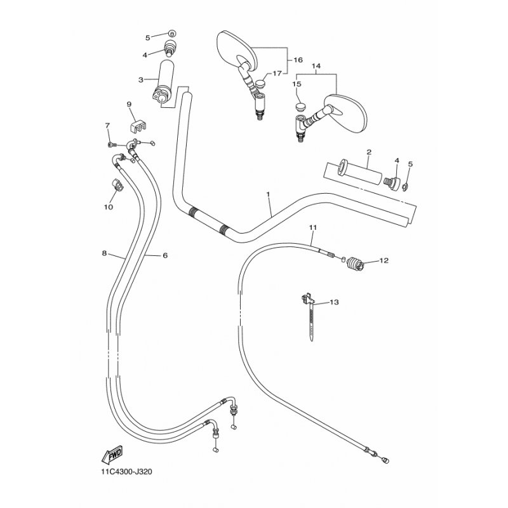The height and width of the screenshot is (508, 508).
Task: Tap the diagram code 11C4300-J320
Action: [126, 472]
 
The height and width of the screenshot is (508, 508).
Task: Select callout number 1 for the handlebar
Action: [268, 194]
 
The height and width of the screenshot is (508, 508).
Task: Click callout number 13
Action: [334, 302]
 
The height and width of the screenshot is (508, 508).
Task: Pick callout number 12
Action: [384, 260]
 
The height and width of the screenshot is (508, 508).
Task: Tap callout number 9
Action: [129, 104]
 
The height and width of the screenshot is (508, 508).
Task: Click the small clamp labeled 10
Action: [118, 185]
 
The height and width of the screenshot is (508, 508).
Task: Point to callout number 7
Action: [107, 125]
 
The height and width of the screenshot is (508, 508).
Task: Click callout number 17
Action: [277, 74]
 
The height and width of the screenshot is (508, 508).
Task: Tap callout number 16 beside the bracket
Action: [298, 60]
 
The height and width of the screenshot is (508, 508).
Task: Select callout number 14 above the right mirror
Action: [316, 66]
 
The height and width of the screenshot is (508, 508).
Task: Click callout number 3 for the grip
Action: [140, 80]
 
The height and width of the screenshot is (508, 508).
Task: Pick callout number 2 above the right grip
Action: [369, 152]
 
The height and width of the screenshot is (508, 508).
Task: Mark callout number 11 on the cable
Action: [312, 228]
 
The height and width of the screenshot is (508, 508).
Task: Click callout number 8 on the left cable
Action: [104, 253]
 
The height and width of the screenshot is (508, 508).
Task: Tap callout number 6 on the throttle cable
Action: [165, 256]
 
